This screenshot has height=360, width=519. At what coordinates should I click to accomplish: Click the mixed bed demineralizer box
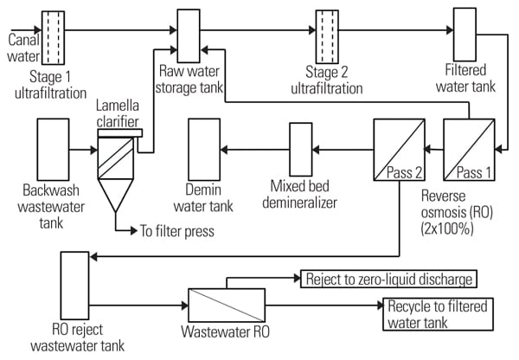coord(300,149)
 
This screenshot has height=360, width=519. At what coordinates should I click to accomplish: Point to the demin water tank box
coord(205,150)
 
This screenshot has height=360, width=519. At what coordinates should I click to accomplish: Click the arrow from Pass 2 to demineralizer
coord(343,149)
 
